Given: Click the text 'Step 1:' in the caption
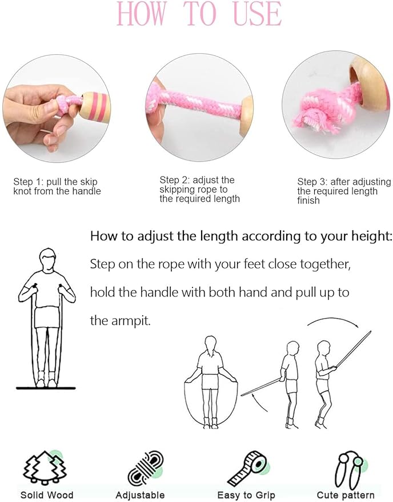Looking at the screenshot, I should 29,182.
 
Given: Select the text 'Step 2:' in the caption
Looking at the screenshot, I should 175,180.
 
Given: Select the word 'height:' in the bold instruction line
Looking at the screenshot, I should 373,236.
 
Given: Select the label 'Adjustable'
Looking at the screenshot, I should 140,495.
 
